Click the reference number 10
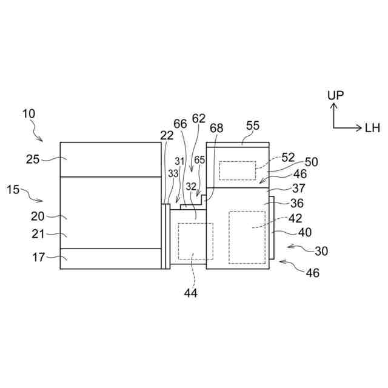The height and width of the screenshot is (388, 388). (29, 113)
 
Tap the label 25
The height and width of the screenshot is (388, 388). (33, 159)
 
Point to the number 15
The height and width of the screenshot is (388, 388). (13, 189)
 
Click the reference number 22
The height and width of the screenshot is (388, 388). (167, 136)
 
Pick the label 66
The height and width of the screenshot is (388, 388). (180, 123)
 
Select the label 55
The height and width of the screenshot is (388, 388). (252, 125)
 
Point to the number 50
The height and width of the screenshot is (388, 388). (311, 162)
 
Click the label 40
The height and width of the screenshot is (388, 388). (305, 232)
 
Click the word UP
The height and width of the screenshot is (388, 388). (335, 95)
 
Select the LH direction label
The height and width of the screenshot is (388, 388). (372, 128)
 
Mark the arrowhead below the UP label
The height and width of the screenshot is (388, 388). (333, 105)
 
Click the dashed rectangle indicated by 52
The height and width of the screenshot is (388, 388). (237, 170)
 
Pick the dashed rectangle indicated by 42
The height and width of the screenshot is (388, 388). (247, 236)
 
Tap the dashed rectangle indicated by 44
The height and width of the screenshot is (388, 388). (195, 241)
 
